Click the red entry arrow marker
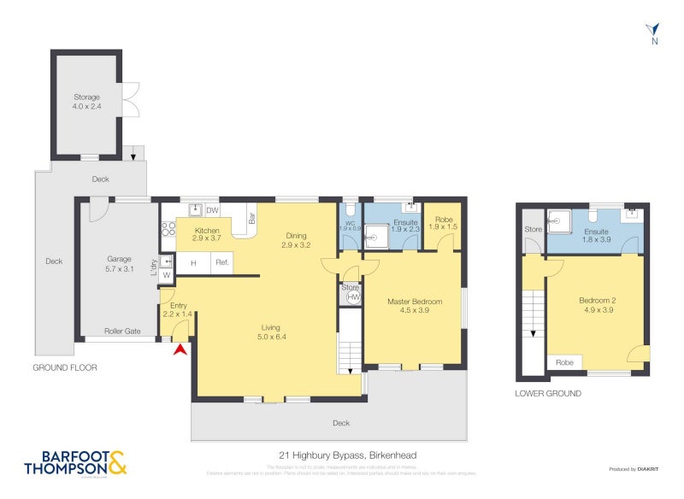(180, 348)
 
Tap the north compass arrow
(654, 30)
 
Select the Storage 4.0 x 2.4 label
(86, 102)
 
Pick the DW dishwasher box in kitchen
(213, 210)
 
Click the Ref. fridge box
(221, 262)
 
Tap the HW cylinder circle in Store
(351, 296)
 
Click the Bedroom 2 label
(595, 305)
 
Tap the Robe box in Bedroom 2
(565, 362)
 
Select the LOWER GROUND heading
(548, 393)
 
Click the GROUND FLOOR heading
(65, 367)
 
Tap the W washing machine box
(168, 274)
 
